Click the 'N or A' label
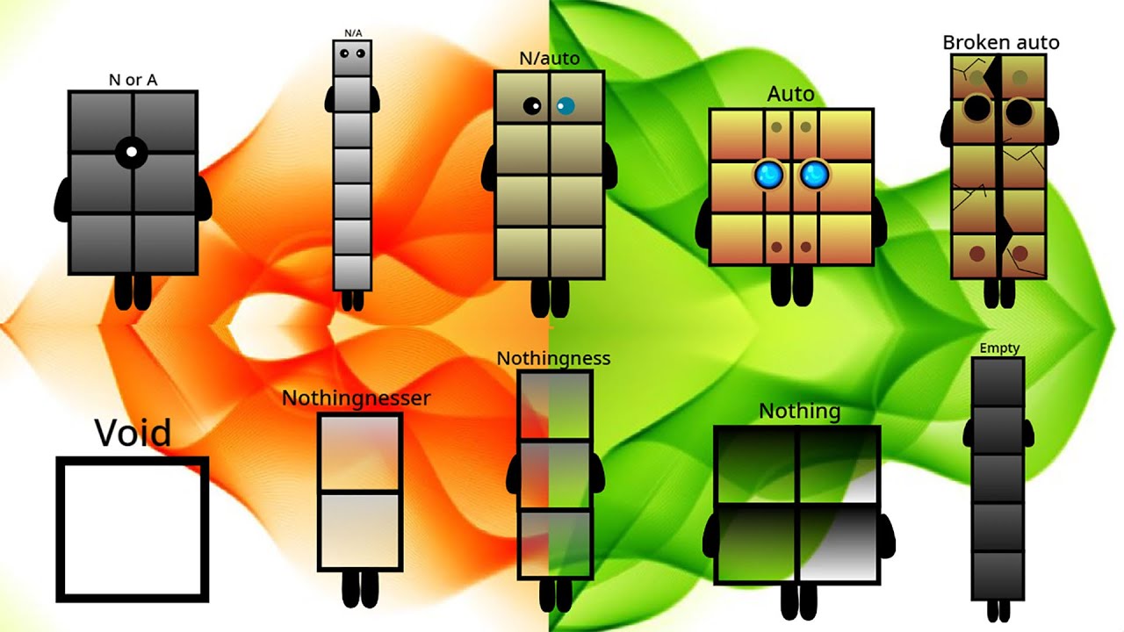tap(133, 80)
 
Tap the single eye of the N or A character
tap(131, 152)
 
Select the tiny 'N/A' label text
tap(352, 33)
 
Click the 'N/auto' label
tap(549, 59)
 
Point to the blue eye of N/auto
tap(565, 106)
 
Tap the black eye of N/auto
tap(532, 106)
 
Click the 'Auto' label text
tap(790, 94)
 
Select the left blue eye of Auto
tap(768, 175)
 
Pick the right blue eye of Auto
tap(814, 175)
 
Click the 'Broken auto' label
tap(1000, 42)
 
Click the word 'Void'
tap(133, 433)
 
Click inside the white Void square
tap(133, 528)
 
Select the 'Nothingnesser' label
tap(356, 398)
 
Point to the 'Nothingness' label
tap(553, 358)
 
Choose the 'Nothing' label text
tap(799, 411)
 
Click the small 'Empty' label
tap(999, 348)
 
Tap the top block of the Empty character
tap(998, 382)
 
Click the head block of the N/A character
tap(352, 58)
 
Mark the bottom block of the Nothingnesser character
tap(359, 531)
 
